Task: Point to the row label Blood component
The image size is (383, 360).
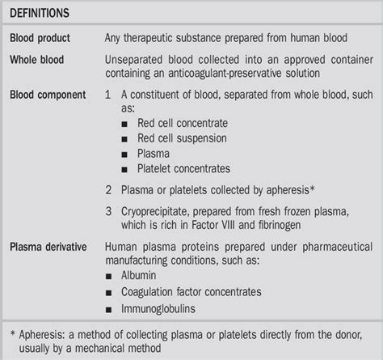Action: pyautogui.click(x=48, y=94)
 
